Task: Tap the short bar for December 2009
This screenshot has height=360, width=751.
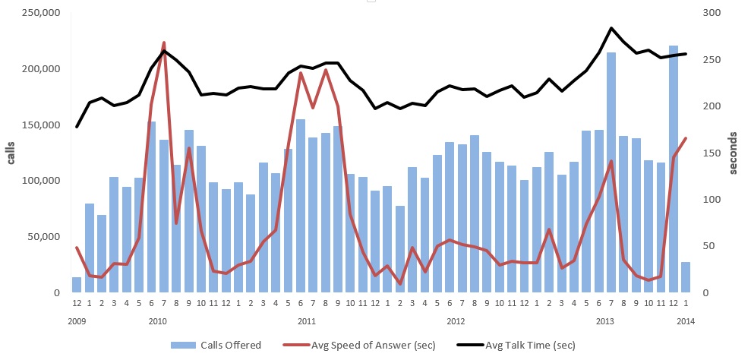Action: [77, 285]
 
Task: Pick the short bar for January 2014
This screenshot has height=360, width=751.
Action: [686, 277]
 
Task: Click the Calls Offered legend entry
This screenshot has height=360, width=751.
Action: [216, 345]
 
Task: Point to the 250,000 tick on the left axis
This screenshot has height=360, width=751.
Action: [39, 13]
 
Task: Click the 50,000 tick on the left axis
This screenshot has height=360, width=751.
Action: [43, 237]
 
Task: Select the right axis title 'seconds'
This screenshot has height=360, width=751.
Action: [734, 153]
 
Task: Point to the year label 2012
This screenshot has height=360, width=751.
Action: [456, 321]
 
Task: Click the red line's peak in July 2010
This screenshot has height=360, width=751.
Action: [164, 43]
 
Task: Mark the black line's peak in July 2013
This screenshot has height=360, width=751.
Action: [611, 28]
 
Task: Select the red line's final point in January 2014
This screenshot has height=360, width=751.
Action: [686, 138]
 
